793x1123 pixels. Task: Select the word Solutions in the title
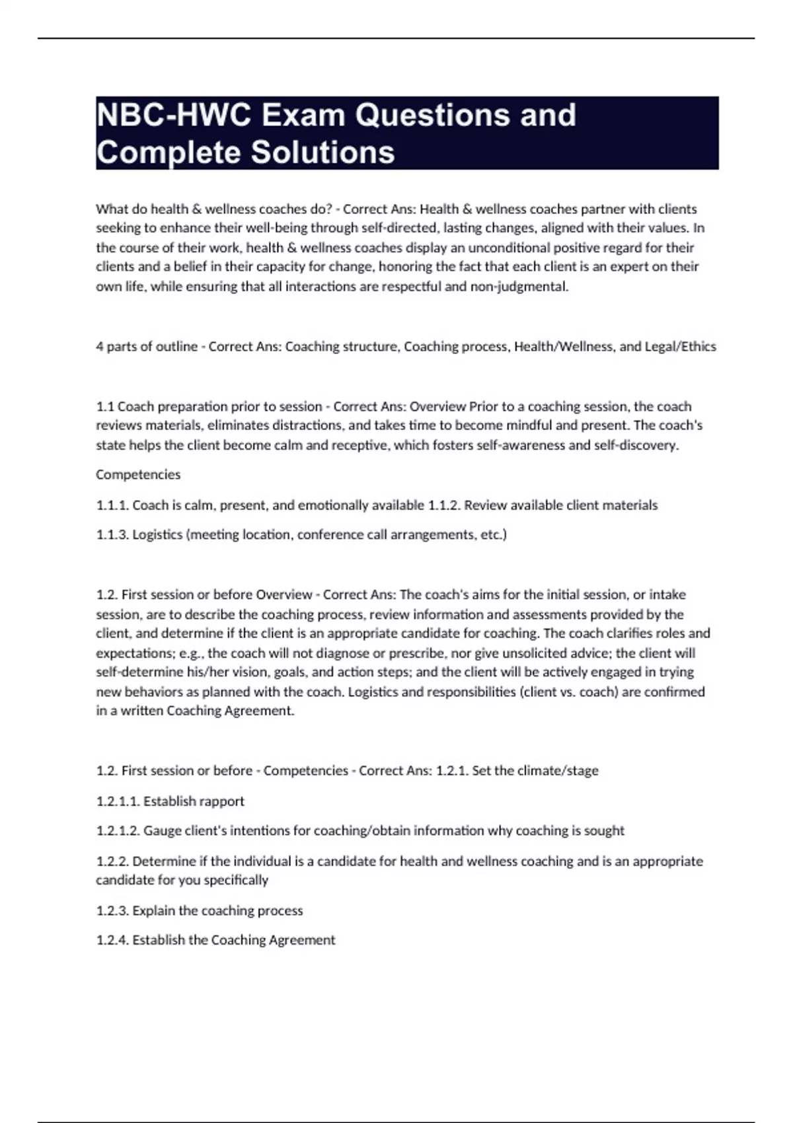click(x=322, y=152)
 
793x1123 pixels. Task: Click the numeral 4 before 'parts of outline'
click(x=100, y=346)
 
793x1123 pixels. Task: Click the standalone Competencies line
click(x=138, y=474)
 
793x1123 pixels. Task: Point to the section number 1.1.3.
click(x=112, y=534)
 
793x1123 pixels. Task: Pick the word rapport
click(x=222, y=801)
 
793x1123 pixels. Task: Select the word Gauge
click(x=159, y=830)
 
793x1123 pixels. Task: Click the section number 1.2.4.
click(x=112, y=939)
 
